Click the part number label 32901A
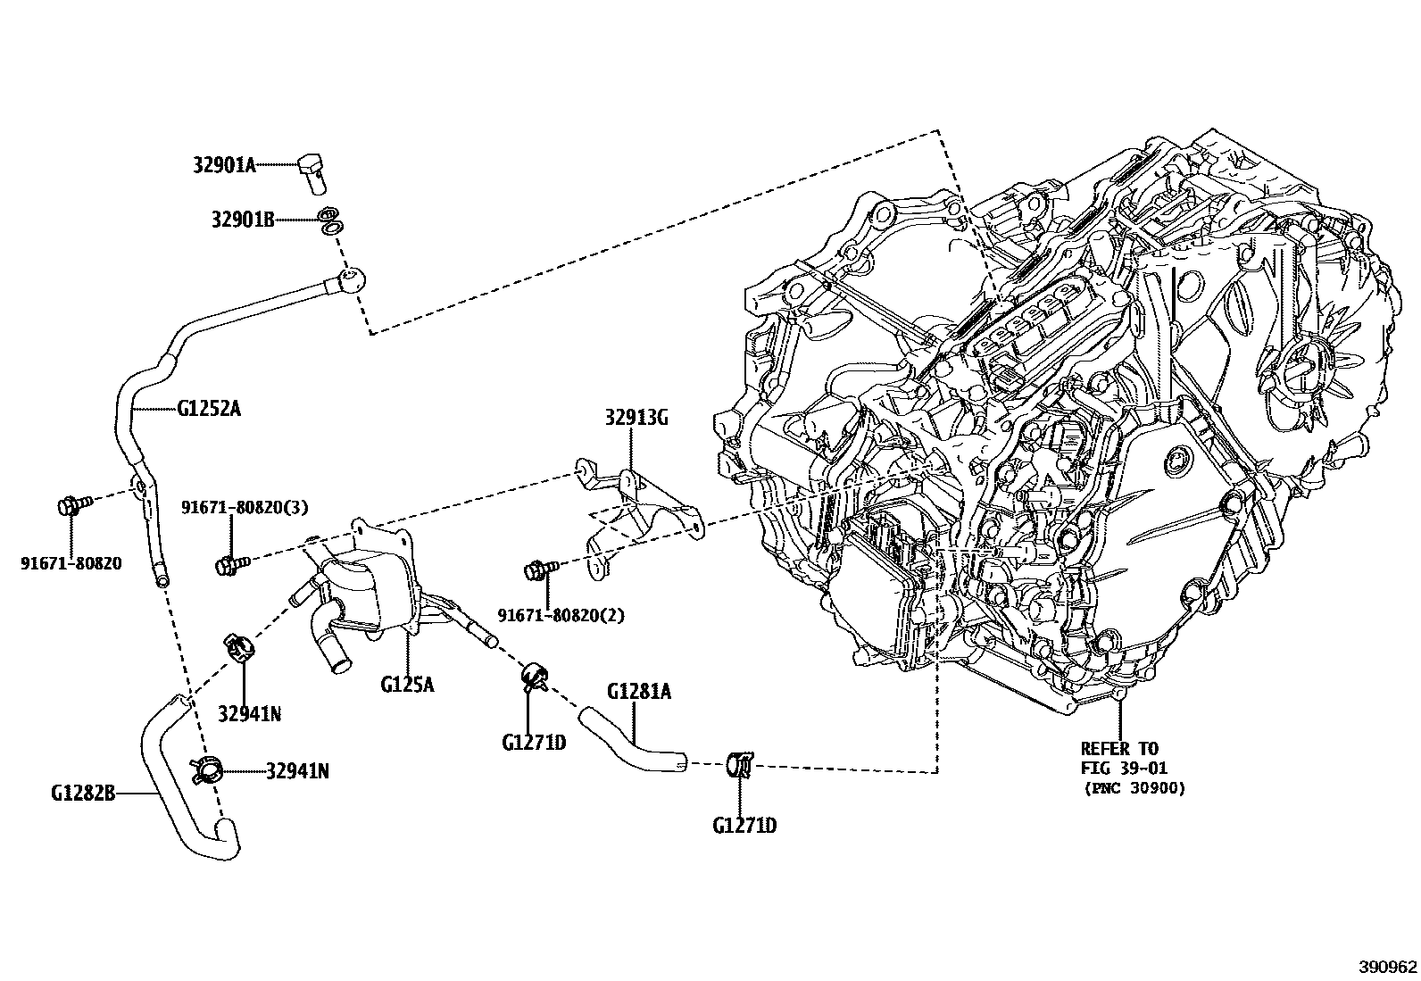(x=224, y=165)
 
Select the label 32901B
(x=243, y=219)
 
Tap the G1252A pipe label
(x=209, y=410)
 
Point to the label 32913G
(x=636, y=417)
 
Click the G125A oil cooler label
(x=407, y=685)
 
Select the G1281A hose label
(x=638, y=691)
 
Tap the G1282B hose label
(x=83, y=792)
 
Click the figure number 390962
(x=1388, y=966)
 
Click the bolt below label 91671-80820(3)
(x=229, y=564)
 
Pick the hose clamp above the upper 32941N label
(x=238, y=644)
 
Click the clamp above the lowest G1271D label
(x=740, y=765)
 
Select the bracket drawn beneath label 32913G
(x=638, y=509)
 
